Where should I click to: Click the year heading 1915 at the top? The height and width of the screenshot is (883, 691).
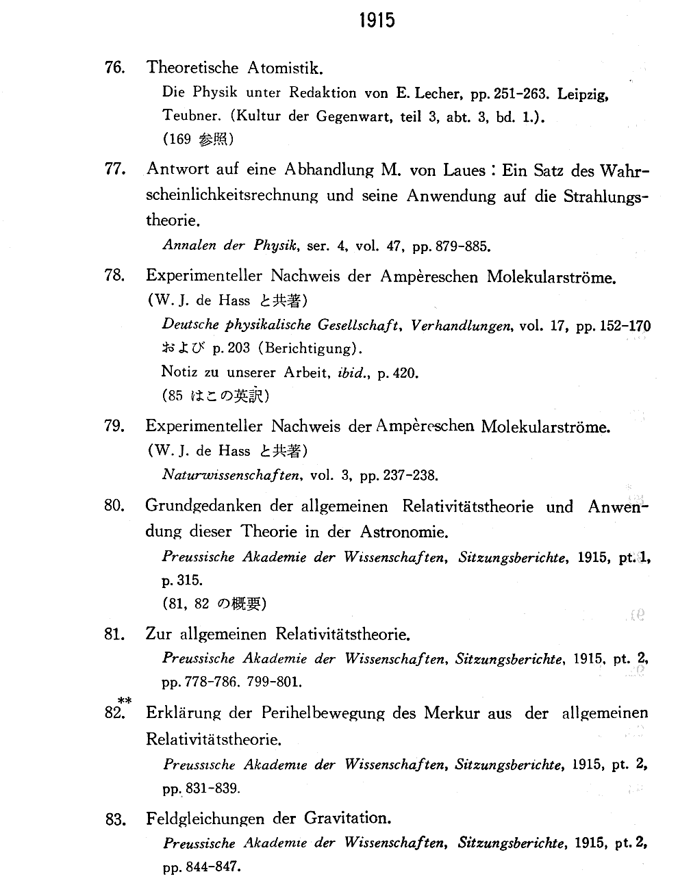click(x=377, y=21)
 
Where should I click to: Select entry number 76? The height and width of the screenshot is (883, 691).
click(x=114, y=67)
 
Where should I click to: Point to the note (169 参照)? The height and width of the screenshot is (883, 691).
click(x=199, y=139)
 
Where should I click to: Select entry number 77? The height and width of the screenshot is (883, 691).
click(x=114, y=169)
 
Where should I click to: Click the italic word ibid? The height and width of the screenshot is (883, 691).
click(x=353, y=373)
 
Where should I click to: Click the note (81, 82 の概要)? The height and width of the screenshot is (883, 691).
click(x=214, y=604)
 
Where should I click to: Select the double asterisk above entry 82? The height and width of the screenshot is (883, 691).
click(x=124, y=700)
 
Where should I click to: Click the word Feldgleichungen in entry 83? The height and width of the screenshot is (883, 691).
click(x=205, y=819)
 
